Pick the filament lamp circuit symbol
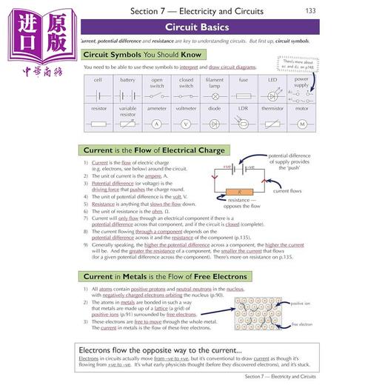215,95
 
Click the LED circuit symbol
272,96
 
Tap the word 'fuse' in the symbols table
244,79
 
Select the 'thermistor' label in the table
272,108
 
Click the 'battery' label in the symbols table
127,79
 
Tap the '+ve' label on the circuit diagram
227,168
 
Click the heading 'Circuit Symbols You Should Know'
142,55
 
